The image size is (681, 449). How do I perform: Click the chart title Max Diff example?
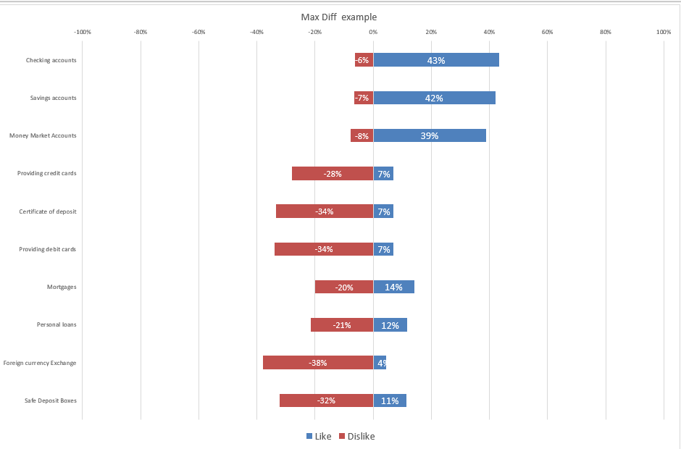click(x=338, y=17)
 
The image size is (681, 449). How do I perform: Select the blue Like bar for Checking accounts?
click(x=464, y=60)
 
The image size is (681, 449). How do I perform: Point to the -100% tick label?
click(x=83, y=32)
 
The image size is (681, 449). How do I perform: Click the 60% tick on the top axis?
click(x=547, y=32)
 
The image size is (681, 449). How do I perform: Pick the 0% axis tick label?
click(x=373, y=32)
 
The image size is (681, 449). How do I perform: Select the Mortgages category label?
click(x=62, y=287)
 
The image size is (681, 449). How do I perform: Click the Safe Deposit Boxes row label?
click(x=51, y=400)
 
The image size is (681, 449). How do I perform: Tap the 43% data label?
click(x=436, y=60)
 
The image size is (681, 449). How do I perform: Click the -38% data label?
click(x=318, y=363)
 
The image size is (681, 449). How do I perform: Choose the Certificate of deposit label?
click(x=48, y=211)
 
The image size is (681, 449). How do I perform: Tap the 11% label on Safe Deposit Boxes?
click(x=390, y=400)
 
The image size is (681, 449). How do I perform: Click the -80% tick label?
click(x=141, y=32)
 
